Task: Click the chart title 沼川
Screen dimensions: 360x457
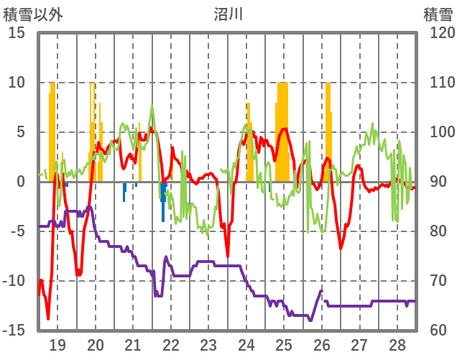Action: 228,14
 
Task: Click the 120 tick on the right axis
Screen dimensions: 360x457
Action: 437,33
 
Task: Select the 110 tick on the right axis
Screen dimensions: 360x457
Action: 437,83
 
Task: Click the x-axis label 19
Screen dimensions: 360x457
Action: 57,344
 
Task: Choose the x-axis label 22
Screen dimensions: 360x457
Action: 170,344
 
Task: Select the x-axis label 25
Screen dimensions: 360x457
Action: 283,344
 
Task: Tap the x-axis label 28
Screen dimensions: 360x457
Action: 396,344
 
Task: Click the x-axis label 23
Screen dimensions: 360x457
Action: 208,344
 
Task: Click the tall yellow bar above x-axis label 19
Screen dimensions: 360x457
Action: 52,129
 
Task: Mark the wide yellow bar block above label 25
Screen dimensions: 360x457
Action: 282,129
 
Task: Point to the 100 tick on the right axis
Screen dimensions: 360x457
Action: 437,132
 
